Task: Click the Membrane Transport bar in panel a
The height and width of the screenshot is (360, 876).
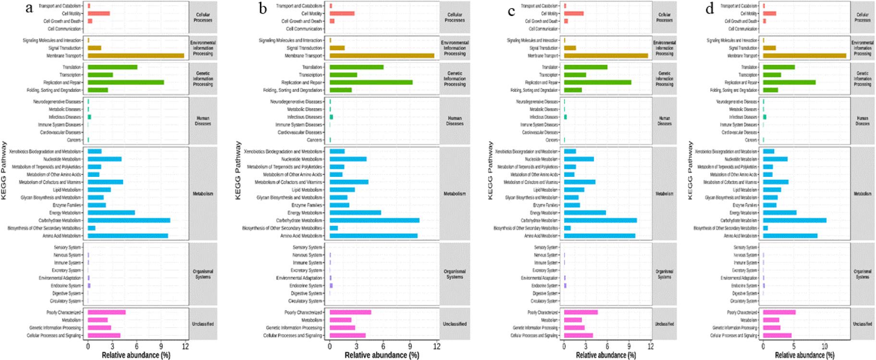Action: [x=136, y=56]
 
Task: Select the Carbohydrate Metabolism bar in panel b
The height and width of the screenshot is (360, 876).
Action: [x=374, y=221]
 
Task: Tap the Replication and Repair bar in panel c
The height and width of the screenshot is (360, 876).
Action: [x=597, y=83]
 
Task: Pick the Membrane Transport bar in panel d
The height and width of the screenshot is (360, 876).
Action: [x=804, y=56]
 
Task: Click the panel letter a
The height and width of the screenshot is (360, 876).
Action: [x=30, y=8]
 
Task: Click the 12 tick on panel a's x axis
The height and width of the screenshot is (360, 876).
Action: [x=186, y=346]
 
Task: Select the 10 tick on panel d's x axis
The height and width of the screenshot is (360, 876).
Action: [x=825, y=346]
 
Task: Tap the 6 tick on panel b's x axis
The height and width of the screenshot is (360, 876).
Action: [x=383, y=346]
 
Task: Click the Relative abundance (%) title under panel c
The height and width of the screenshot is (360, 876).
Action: [x=606, y=355]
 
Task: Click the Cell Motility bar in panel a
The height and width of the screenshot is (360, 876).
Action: [x=99, y=13]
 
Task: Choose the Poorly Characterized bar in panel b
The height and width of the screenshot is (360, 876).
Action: [x=350, y=312]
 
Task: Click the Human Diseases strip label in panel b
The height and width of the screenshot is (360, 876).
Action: [x=455, y=121]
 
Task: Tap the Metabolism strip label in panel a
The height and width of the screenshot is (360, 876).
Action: [x=203, y=194]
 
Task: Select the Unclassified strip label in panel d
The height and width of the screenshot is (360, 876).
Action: [x=862, y=324]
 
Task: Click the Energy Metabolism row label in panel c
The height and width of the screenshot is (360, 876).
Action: [x=544, y=213]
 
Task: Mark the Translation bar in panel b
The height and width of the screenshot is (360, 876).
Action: [x=357, y=67]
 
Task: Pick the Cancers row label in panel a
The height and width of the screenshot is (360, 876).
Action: [x=74, y=140]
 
